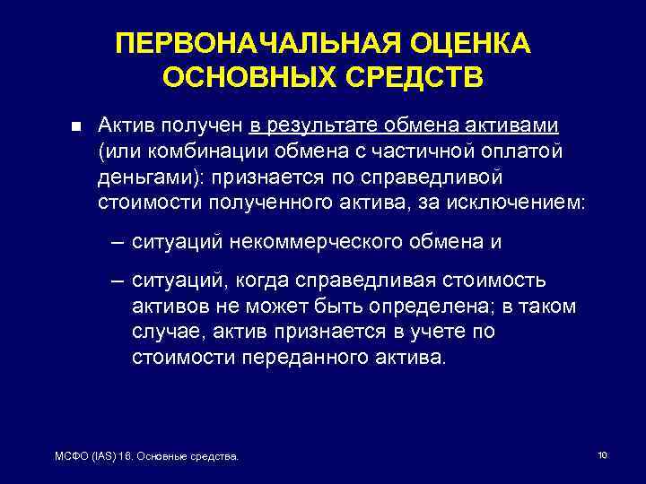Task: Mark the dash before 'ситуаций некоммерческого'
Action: pyautogui.click(x=118, y=242)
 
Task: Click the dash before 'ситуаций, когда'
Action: pyautogui.click(x=118, y=281)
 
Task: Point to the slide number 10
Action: pyautogui.click(x=602, y=456)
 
